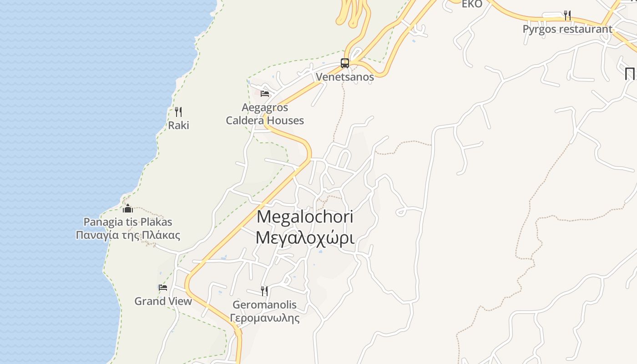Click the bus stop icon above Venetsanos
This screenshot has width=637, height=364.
click(x=345, y=63)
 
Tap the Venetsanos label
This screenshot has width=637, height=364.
click(x=345, y=77)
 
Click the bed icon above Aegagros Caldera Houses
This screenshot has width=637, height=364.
click(x=265, y=94)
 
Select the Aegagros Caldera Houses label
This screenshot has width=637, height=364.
click(x=265, y=114)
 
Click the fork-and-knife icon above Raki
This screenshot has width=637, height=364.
click(x=178, y=111)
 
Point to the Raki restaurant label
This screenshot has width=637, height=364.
click(x=178, y=125)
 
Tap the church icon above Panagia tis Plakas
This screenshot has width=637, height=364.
click(x=128, y=208)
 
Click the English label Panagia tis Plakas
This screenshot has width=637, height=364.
click(x=128, y=222)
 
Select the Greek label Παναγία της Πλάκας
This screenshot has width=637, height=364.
click(x=128, y=235)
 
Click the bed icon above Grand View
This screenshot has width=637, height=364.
click(x=163, y=288)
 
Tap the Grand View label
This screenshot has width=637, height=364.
click(x=163, y=301)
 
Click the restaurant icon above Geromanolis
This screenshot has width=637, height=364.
click(x=264, y=291)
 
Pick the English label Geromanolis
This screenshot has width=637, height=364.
click(x=264, y=305)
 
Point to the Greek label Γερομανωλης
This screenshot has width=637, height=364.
click(x=264, y=318)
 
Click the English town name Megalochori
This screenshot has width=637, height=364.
click(x=305, y=217)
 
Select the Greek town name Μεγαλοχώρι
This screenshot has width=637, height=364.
click(x=305, y=238)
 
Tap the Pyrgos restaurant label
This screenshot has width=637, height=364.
click(x=567, y=29)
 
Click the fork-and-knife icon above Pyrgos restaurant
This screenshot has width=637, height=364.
click(x=567, y=15)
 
